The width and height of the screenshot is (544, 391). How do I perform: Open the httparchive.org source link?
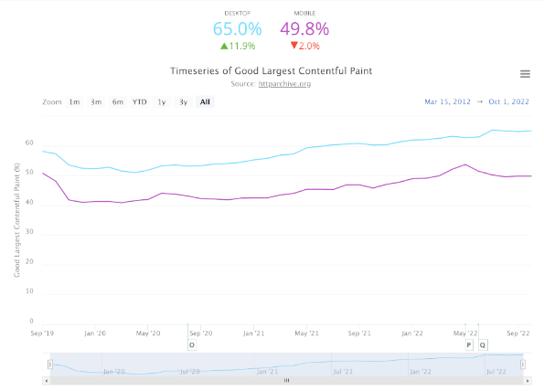coord(283,84)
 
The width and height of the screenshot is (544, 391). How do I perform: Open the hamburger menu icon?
coord(525,74)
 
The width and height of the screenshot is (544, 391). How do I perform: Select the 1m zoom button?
coord(74,102)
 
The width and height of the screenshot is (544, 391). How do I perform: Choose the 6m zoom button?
coord(118,102)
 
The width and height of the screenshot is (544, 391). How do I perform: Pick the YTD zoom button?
coord(139,102)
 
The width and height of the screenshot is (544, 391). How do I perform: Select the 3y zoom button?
coord(183,102)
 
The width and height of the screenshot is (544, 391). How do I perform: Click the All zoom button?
coord(205,102)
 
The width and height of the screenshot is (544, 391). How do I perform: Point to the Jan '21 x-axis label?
coord(254,334)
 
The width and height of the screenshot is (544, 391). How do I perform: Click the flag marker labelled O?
coord(192,344)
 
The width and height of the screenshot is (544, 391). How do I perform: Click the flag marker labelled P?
coord(469,344)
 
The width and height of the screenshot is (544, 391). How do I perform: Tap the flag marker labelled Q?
coord(483,344)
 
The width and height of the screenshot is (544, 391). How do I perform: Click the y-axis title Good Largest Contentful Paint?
coord(17,219)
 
